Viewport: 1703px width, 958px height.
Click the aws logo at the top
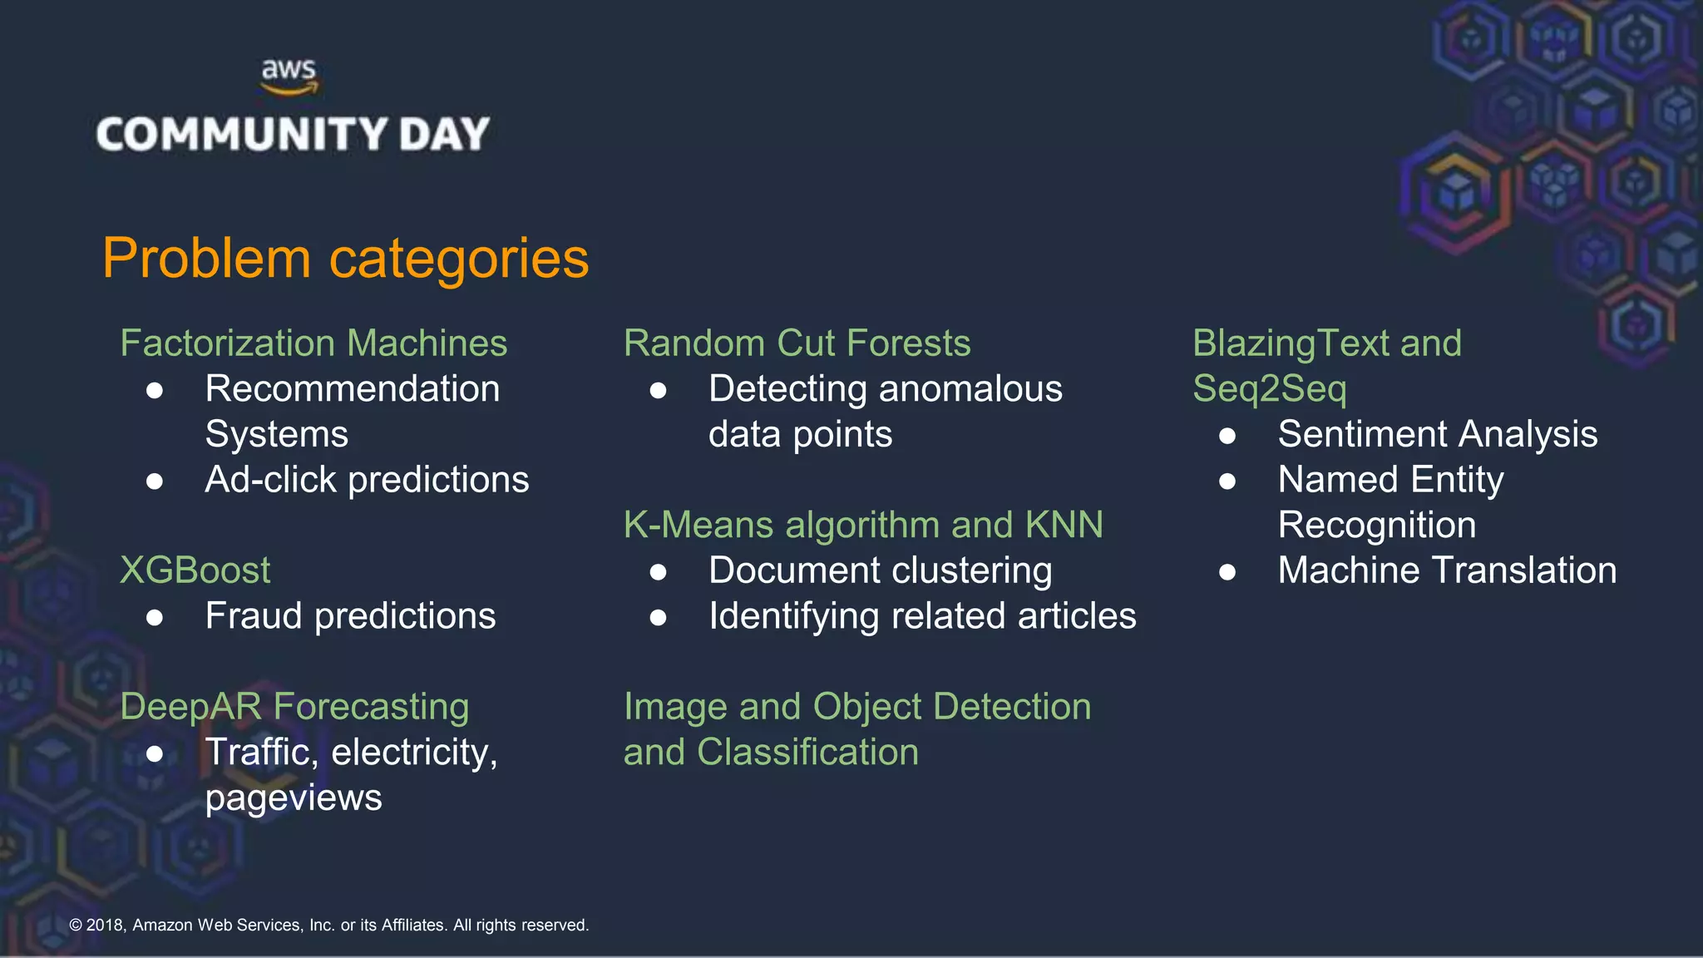coord(289,77)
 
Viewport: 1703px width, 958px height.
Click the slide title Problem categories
coord(345,258)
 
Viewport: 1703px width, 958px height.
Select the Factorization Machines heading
coord(313,343)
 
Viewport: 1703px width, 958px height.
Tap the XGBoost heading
coord(195,570)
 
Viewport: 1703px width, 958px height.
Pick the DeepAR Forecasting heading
coord(294,707)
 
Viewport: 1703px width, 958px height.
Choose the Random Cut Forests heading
coord(797,343)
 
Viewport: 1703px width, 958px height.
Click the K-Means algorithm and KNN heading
coord(863,525)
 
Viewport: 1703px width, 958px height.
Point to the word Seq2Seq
coord(1269,389)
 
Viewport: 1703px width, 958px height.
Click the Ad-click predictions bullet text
coord(367,480)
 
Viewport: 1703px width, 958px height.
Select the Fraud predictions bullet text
coord(350,616)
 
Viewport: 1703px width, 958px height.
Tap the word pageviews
coord(294,798)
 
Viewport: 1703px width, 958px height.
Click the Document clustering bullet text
coord(880,570)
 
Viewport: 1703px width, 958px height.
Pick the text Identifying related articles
coord(922,616)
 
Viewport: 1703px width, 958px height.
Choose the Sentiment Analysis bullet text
coord(1437,434)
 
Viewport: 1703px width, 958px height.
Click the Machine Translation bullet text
coord(1447,570)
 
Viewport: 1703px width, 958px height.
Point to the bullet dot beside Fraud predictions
coord(155,617)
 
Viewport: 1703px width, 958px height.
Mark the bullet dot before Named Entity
coord(1227,481)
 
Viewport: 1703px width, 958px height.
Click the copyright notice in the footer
coord(328,925)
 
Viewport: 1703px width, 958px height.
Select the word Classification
coord(807,753)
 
